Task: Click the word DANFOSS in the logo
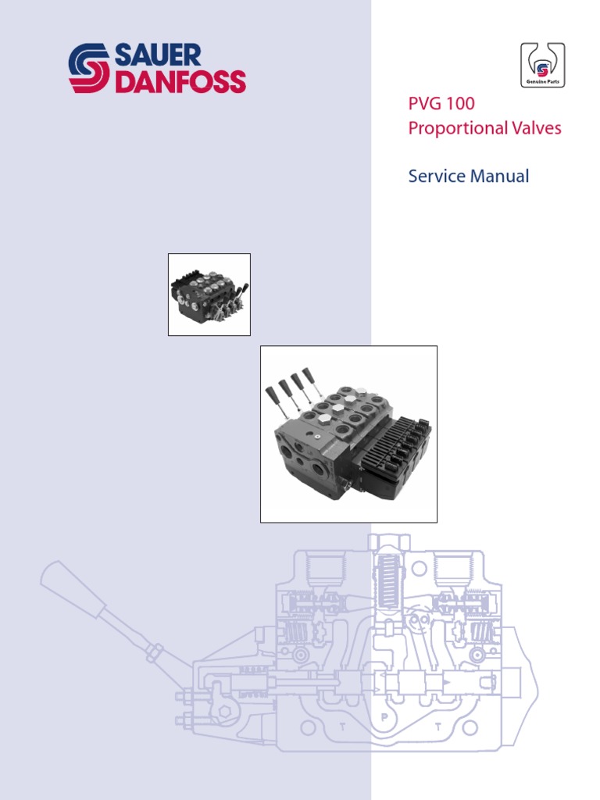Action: [180, 81]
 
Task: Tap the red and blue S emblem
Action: [90, 68]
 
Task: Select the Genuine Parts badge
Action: [543, 66]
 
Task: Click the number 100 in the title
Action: [459, 104]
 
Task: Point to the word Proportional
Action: [455, 128]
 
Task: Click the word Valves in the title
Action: [534, 128]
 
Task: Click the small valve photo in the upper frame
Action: [209, 295]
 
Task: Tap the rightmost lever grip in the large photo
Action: [307, 373]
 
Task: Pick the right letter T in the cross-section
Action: [439, 727]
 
